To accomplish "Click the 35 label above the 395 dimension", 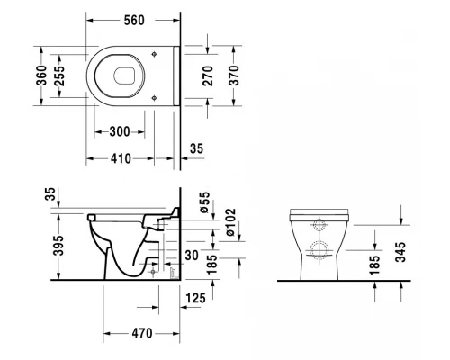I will coord(49,193).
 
